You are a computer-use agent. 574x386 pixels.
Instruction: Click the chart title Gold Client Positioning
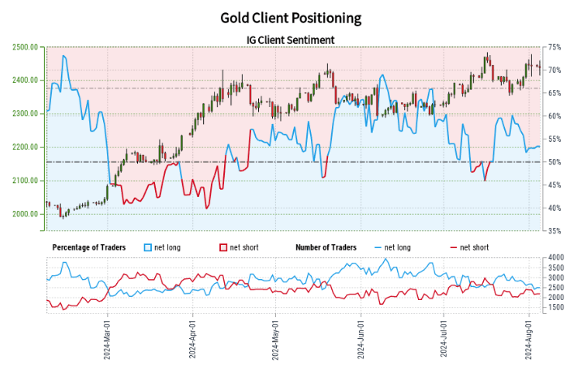tap(291, 17)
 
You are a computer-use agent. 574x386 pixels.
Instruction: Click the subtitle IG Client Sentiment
tap(291, 39)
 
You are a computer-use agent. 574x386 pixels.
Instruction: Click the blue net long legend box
tap(147, 247)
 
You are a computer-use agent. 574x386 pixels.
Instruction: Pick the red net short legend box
tap(223, 247)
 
